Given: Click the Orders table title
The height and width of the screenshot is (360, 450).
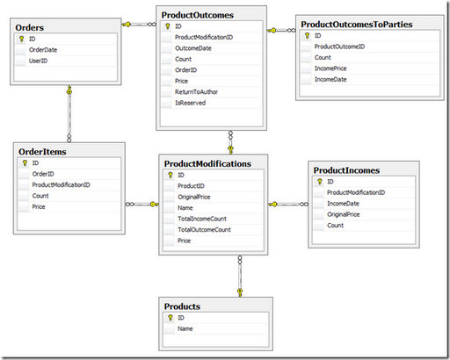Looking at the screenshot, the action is (30, 27).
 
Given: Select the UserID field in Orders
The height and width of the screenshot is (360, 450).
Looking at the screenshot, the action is (38, 61).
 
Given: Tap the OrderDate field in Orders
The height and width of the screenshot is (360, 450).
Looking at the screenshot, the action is (43, 50).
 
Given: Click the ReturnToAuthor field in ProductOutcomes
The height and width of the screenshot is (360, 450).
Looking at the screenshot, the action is (196, 92).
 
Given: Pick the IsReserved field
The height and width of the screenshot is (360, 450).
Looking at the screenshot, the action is (190, 103).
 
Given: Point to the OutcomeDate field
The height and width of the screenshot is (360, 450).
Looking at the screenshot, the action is (193, 48).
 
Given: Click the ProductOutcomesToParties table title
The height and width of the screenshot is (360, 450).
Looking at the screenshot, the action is (357, 25).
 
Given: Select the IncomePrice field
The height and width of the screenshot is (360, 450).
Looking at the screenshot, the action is (330, 68).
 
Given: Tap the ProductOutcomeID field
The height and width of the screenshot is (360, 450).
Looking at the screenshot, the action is (339, 47).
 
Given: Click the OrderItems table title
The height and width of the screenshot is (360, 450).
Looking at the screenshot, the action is (42, 152).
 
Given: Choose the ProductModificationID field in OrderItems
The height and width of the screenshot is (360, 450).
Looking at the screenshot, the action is (61, 184).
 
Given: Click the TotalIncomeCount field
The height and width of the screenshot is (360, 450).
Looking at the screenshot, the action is (202, 219).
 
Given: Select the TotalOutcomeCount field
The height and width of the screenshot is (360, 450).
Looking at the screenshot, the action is (204, 230).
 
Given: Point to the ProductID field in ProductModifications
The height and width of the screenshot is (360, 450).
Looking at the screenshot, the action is (191, 186).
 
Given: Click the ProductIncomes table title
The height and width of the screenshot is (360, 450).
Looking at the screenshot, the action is (346, 170).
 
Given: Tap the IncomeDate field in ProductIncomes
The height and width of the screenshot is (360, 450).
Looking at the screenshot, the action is (343, 204).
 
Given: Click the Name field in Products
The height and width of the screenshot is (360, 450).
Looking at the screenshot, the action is (185, 328).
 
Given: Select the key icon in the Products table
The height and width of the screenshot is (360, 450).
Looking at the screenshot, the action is (171, 318).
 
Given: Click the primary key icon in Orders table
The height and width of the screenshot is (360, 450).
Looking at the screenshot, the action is (21, 39).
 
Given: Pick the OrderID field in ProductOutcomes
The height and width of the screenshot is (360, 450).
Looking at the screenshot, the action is (185, 70).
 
